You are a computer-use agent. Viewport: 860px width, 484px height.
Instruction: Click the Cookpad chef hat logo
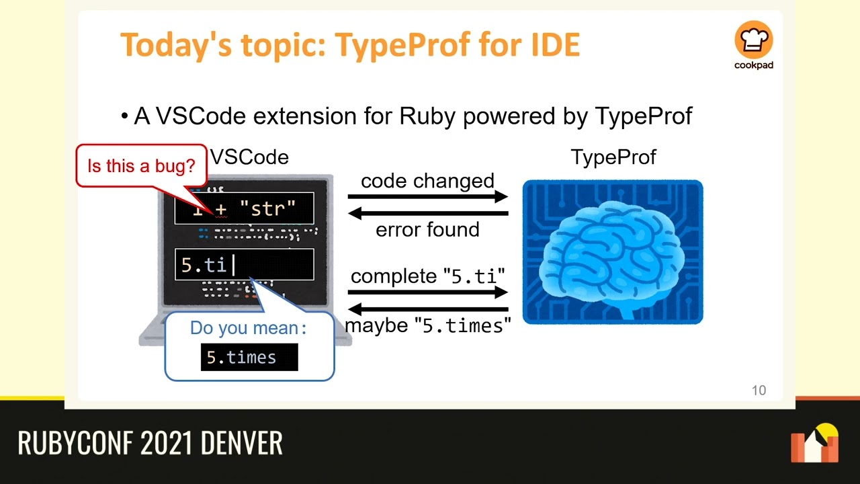coord(753,40)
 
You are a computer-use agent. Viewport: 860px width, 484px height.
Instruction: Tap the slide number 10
coord(758,391)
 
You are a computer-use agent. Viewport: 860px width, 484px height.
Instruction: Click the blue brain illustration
coord(612,252)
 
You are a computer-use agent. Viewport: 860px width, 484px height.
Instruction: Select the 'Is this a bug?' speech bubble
coord(141,165)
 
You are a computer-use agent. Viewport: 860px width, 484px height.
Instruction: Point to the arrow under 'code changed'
coord(427,197)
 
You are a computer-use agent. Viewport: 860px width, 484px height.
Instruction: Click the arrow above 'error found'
coord(427,214)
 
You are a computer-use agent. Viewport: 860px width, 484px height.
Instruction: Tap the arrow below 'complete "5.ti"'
coord(427,292)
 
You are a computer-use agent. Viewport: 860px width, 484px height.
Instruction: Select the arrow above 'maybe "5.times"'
coord(427,309)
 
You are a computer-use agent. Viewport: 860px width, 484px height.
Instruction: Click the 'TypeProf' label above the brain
coord(613,157)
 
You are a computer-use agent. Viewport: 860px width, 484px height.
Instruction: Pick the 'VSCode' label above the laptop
coord(249,157)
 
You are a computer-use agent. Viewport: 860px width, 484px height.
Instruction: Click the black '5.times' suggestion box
coord(249,358)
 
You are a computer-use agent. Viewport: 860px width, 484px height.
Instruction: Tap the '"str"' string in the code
coord(267,209)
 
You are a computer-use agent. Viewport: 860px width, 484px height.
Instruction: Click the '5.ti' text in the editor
coord(204,265)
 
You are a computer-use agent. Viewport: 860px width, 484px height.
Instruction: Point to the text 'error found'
coord(427,230)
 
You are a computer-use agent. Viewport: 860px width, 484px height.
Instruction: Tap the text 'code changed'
coord(427,181)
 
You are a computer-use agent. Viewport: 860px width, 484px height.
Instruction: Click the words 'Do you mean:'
coord(248,328)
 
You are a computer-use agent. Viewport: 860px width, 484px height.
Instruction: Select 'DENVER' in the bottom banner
coord(241,444)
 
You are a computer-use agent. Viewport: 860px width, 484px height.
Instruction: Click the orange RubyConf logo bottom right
coord(814,444)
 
